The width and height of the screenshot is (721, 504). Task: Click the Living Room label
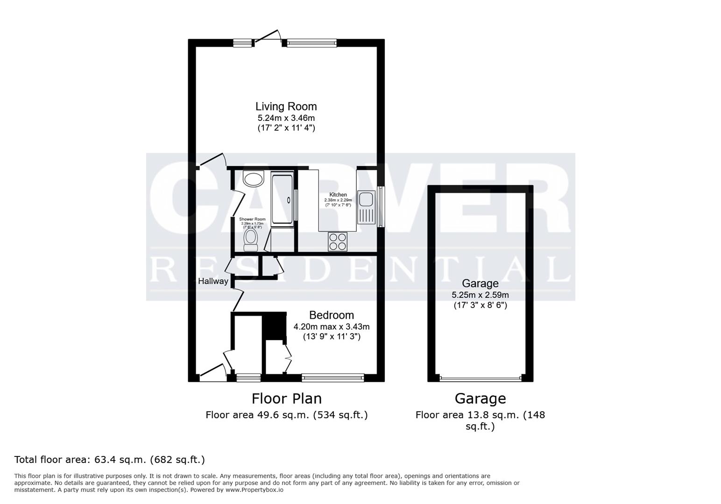point(286,106)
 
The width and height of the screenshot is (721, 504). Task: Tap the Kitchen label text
point(338,195)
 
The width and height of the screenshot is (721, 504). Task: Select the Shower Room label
point(252,219)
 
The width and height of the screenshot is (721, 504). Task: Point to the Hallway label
point(213,281)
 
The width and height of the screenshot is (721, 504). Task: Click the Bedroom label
point(331,315)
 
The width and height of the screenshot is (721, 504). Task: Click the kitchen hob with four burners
point(338,241)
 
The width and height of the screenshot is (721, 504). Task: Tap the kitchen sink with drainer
point(366,207)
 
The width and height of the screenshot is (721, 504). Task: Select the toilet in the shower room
point(251,239)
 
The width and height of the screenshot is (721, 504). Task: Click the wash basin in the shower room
point(254,178)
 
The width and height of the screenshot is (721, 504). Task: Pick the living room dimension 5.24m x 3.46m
point(286,118)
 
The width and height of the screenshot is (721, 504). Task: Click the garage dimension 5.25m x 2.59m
point(480,295)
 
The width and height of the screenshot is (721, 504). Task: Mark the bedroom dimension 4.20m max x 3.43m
point(331,327)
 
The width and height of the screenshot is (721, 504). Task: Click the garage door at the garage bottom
point(480,378)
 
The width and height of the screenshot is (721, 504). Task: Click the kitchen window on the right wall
point(381,207)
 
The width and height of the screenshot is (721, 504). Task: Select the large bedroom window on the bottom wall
point(332,377)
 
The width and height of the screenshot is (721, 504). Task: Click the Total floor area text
point(109,460)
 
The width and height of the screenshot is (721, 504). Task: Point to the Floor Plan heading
point(286,399)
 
